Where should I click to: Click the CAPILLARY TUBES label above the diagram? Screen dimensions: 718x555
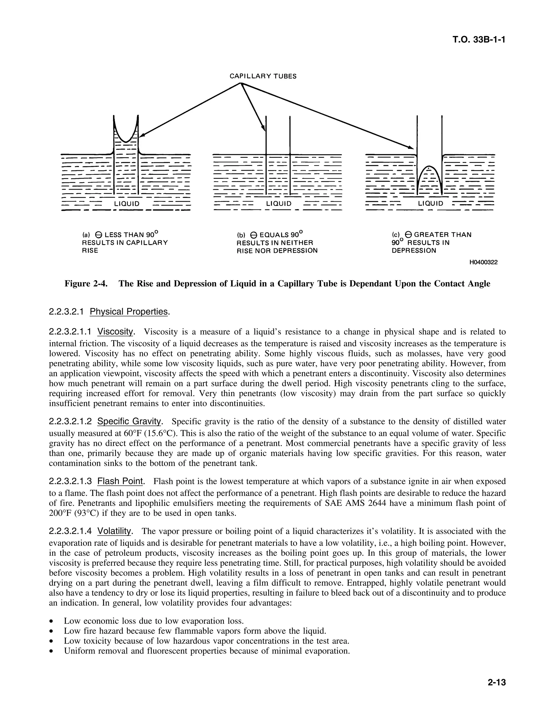pyautogui.click(x=263, y=76)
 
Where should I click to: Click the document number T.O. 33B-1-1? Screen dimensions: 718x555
pyautogui.click(x=478, y=40)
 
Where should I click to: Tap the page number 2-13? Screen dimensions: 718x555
pyautogui.click(x=496, y=683)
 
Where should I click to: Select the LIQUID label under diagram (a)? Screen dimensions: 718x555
pyautogui.click(x=127, y=204)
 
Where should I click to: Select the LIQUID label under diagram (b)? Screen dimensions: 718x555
pyautogui.click(x=279, y=204)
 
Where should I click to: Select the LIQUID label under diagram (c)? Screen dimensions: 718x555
pyautogui.click(x=430, y=203)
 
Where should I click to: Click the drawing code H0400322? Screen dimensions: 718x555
pyautogui.click(x=483, y=262)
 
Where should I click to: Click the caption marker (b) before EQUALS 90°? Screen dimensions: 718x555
pyautogui.click(x=241, y=235)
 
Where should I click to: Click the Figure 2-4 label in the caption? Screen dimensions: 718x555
pyautogui.click(x=86, y=284)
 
